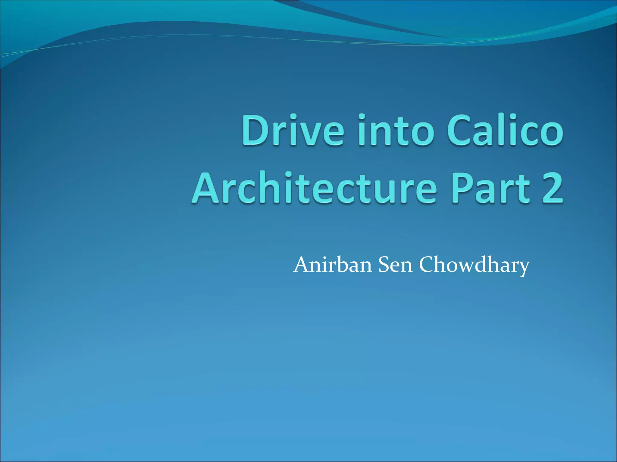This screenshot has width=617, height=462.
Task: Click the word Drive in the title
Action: [292, 130]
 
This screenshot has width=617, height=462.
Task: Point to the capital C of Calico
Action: [461, 130]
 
